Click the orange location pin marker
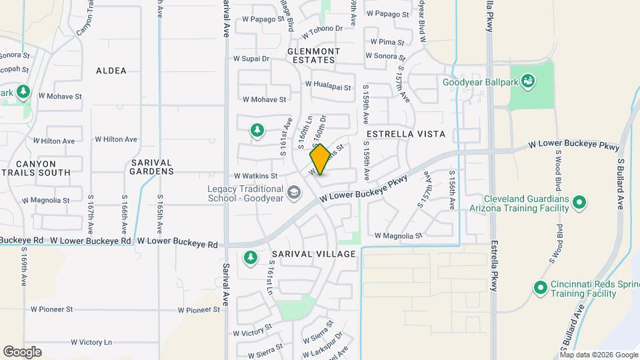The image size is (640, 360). [x=320, y=159]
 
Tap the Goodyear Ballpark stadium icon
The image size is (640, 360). [x=529, y=82]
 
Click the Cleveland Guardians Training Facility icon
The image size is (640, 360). [x=579, y=203]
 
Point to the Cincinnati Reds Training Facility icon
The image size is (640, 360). [x=541, y=287]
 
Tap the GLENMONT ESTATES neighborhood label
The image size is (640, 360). [x=313, y=55]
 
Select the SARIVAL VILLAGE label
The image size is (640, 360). [x=314, y=254]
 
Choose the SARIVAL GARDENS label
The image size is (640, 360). [x=152, y=167]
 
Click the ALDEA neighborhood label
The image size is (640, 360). [x=111, y=70]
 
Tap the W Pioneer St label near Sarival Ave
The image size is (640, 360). [x=199, y=310]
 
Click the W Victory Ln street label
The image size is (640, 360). [x=91, y=342]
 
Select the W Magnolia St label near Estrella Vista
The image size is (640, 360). [x=399, y=235]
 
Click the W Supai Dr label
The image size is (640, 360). [x=251, y=59]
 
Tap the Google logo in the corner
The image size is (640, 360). [x=22, y=352]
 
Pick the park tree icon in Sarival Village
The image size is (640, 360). [x=251, y=257]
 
